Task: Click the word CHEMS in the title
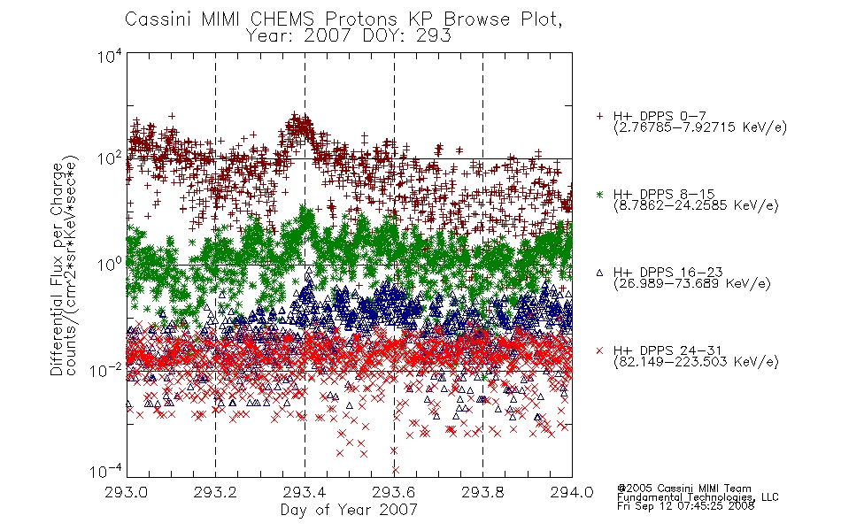282,19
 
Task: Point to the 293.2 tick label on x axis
215,492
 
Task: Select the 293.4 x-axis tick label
305,492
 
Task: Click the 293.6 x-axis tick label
394,492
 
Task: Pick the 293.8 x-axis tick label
482,492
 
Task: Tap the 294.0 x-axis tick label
572,492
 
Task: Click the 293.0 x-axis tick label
127,492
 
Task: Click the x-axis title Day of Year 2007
349,510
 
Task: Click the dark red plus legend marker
599,116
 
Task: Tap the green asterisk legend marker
599,194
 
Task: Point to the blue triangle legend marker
599,273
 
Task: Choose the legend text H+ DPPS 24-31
667,350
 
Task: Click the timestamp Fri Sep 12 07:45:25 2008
685,506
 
